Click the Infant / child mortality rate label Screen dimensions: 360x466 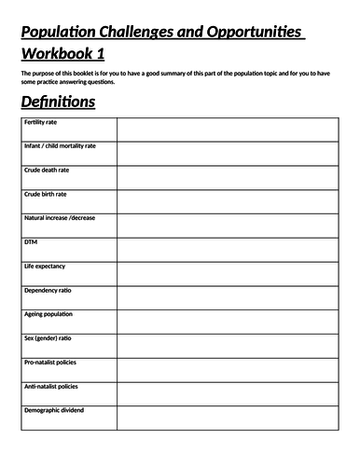pos(60,146)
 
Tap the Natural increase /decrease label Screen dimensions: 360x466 pos(60,218)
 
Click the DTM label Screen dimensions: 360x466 pos(31,242)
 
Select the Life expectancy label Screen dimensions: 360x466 pos(46,267)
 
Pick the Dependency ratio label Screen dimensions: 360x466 pos(48,291)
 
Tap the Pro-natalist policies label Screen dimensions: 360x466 pos(51,363)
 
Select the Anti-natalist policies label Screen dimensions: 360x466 pos(51,387)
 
